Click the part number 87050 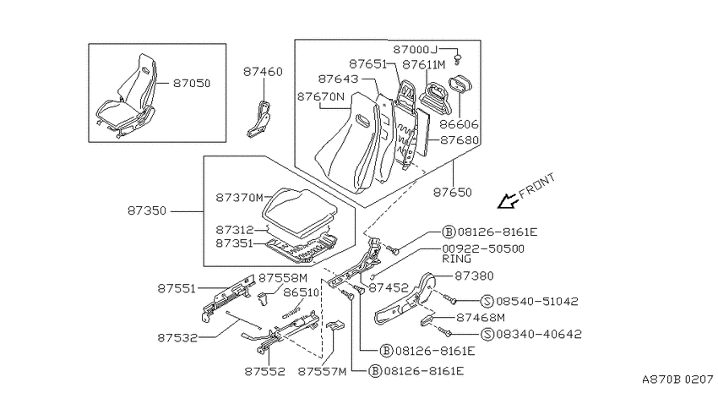point(192,84)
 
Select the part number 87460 point(263,72)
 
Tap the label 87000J point(416,50)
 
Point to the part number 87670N point(320,97)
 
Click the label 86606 point(459,124)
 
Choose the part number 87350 point(147,211)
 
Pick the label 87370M point(240,198)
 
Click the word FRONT point(537,184)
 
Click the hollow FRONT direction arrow point(509,200)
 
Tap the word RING point(456,259)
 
